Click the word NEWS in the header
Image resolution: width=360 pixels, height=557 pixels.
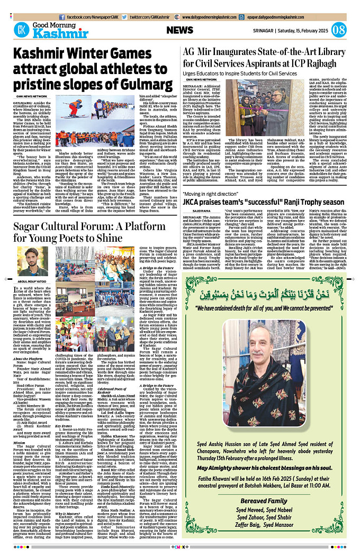click(183, 30)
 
